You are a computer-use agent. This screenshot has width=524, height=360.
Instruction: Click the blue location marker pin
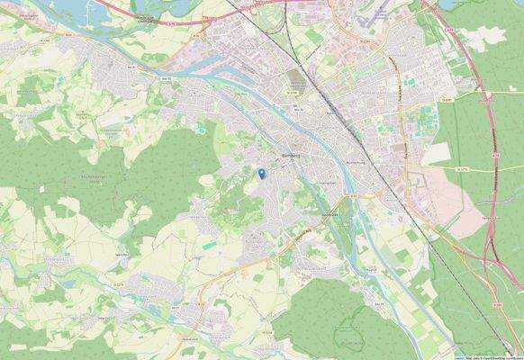coord(260,173)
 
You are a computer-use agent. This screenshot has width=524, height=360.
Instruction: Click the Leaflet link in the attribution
coord(459,356)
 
